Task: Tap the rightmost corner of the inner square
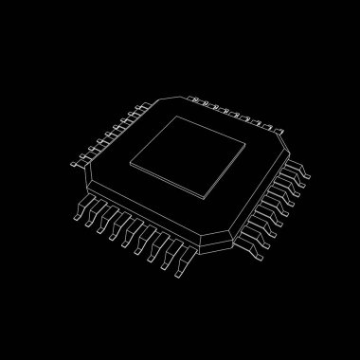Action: coord(247,143)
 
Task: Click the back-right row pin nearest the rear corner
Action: coord(193,99)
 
